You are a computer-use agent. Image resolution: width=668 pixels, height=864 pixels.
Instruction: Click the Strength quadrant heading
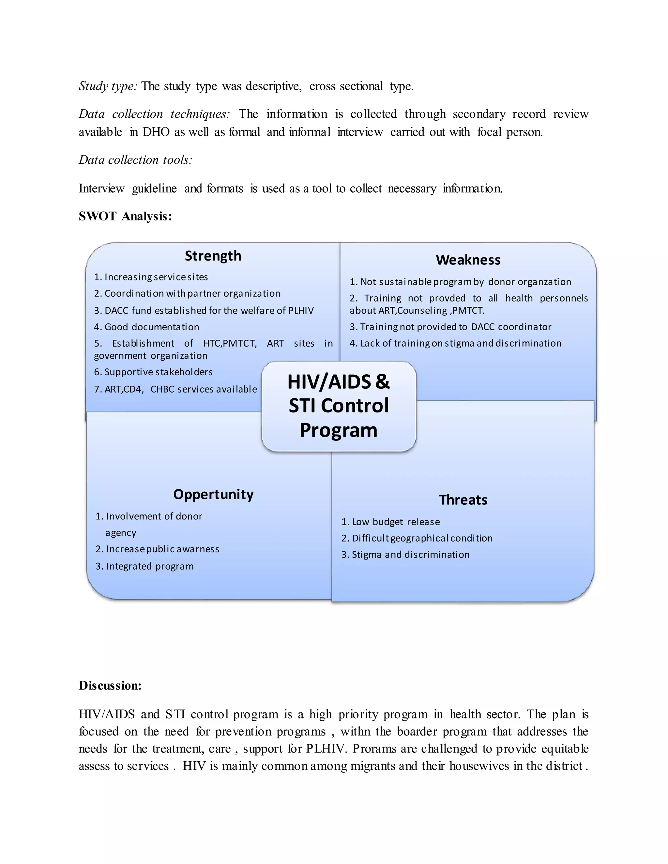pyautogui.click(x=213, y=256)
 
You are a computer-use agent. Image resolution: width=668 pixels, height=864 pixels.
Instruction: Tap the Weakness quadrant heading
pyautogui.click(x=468, y=260)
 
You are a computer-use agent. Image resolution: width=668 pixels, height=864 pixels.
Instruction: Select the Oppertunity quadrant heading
pyautogui.click(x=213, y=495)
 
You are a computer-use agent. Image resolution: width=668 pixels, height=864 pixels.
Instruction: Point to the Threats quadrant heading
pyautogui.click(x=463, y=500)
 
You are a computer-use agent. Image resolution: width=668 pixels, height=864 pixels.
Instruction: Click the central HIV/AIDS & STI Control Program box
pyautogui.click(x=339, y=406)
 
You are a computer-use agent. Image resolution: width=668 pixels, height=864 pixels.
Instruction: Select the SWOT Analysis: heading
pyautogui.click(x=125, y=216)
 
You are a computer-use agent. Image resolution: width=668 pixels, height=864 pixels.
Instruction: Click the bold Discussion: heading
pyautogui.click(x=110, y=686)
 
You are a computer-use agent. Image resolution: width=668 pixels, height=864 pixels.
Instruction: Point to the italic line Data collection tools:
pyautogui.click(x=135, y=160)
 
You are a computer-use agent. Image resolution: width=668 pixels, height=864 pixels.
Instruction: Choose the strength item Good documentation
pyautogui.click(x=146, y=327)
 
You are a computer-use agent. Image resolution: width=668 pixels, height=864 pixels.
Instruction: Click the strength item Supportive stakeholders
pyautogui.click(x=153, y=372)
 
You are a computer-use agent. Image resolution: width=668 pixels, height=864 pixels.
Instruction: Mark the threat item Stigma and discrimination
pyautogui.click(x=406, y=555)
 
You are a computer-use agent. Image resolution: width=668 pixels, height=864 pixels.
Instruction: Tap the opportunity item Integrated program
pyautogui.click(x=144, y=567)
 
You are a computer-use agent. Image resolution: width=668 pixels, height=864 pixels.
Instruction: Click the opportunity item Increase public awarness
pyautogui.click(x=157, y=549)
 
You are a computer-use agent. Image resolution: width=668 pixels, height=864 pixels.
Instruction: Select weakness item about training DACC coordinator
pyautogui.click(x=450, y=327)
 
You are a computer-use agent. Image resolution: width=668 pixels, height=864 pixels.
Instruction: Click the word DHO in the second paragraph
pyautogui.click(x=156, y=132)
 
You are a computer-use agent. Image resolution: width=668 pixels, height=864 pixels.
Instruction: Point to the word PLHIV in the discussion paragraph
pyautogui.click(x=326, y=749)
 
